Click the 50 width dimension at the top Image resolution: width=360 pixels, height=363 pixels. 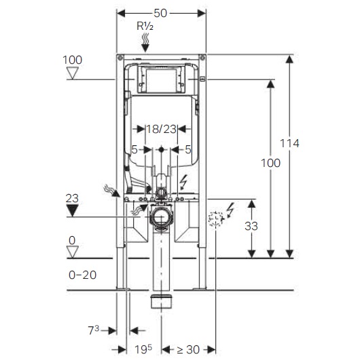(x=160, y=13)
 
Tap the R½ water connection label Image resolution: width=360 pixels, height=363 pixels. (x=145, y=26)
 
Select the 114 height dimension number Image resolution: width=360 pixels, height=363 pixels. (x=289, y=143)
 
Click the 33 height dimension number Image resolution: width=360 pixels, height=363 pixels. (x=251, y=226)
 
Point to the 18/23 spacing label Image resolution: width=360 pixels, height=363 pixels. (x=161, y=129)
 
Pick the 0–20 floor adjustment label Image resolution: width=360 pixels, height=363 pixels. (x=82, y=275)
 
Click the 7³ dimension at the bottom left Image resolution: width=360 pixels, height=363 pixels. (x=94, y=330)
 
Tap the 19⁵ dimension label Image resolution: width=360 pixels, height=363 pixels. (x=143, y=349)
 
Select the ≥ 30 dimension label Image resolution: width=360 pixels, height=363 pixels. (x=188, y=349)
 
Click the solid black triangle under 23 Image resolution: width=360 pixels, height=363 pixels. (x=72, y=210)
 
